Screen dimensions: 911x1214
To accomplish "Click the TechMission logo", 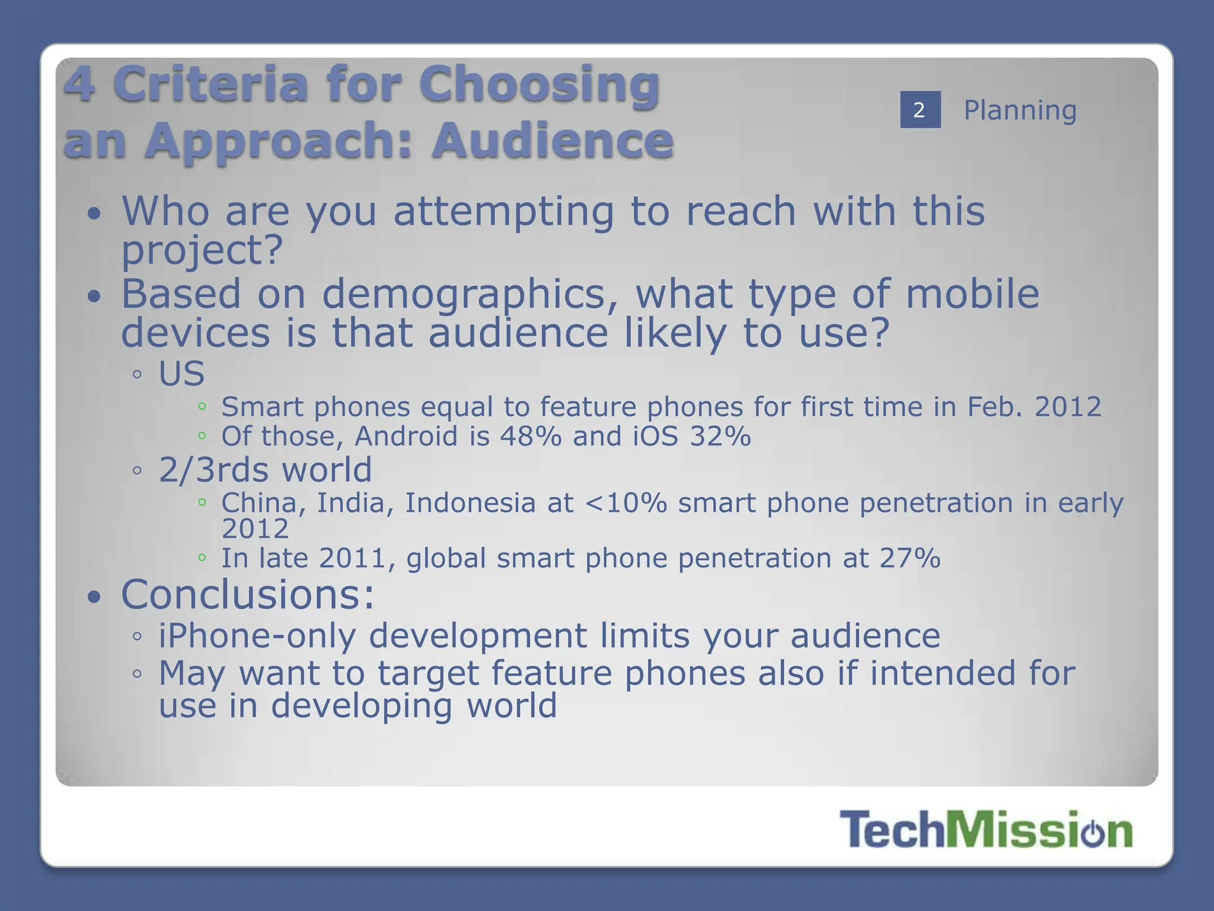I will (986, 829).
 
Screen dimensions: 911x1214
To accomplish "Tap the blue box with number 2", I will (920, 110).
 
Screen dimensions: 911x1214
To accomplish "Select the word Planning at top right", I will (1020, 110).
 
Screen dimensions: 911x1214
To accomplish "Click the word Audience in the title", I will (552, 141).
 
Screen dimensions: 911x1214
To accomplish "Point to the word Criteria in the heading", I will (213, 84).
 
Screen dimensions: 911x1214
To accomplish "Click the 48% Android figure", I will (531, 437).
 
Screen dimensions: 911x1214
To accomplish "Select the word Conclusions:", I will (248, 594).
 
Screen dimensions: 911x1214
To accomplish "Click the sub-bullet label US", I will (181, 374).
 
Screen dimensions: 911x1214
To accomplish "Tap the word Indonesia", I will (471, 503).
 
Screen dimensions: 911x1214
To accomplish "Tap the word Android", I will (406, 437).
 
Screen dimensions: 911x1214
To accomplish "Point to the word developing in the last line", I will (361, 706).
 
